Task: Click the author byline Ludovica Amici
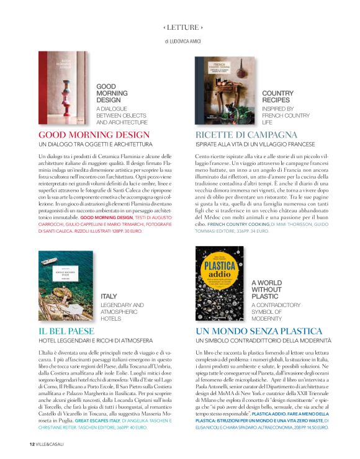coord(183,41)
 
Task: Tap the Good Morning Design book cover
coord(64,88)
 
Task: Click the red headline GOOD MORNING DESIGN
coord(94,135)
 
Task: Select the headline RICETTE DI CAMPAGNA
coord(246,135)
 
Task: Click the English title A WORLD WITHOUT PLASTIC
coord(269,289)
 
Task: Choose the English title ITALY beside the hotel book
coord(109,297)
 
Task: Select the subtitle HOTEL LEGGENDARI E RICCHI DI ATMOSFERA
coord(96,341)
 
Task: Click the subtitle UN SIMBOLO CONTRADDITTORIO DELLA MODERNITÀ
coord(264,341)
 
